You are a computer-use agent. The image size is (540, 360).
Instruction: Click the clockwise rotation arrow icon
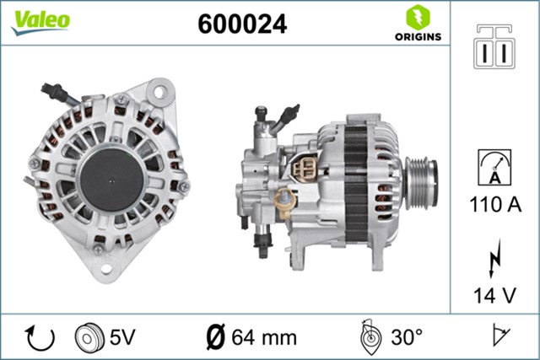40,337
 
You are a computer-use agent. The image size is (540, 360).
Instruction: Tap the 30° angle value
407,338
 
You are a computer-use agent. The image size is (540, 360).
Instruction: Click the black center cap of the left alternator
110,175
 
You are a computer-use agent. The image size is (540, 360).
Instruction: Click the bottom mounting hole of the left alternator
105,269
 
